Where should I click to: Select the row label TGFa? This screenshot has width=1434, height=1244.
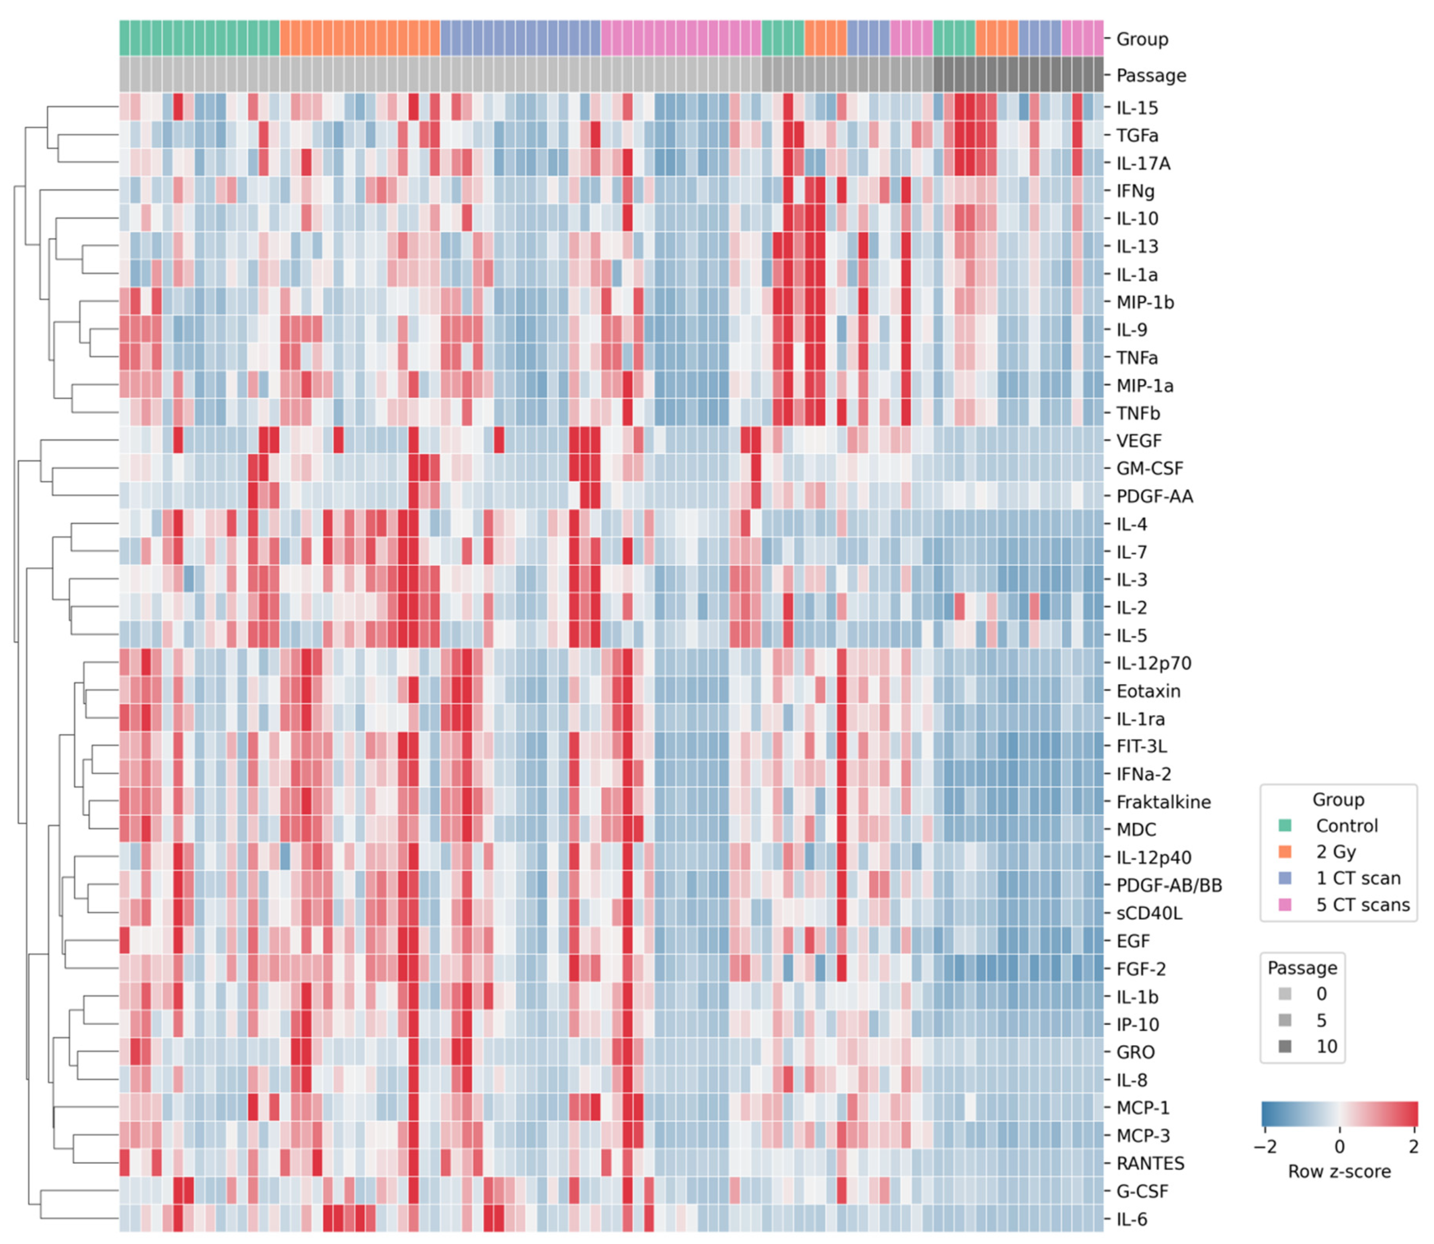[x=1137, y=136]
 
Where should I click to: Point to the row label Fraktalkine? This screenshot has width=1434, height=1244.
[x=1163, y=802]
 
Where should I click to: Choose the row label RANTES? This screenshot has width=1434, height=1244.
[x=1150, y=1163]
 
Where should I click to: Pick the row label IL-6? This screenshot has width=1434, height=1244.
[x=1131, y=1219]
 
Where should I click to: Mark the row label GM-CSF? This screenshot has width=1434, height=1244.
[x=1150, y=469]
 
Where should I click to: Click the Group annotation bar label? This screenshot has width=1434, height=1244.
[x=1142, y=39]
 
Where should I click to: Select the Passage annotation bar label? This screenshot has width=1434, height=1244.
[x=1151, y=75]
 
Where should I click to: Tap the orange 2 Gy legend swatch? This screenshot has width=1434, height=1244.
[x=1285, y=852]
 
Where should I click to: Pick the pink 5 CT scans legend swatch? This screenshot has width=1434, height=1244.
[x=1285, y=905]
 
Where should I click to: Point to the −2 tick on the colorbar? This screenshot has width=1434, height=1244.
[x=1265, y=1147]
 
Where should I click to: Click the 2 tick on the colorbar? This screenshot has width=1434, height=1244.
[x=1413, y=1147]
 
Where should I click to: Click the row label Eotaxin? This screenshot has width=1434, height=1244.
[x=1148, y=691]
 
